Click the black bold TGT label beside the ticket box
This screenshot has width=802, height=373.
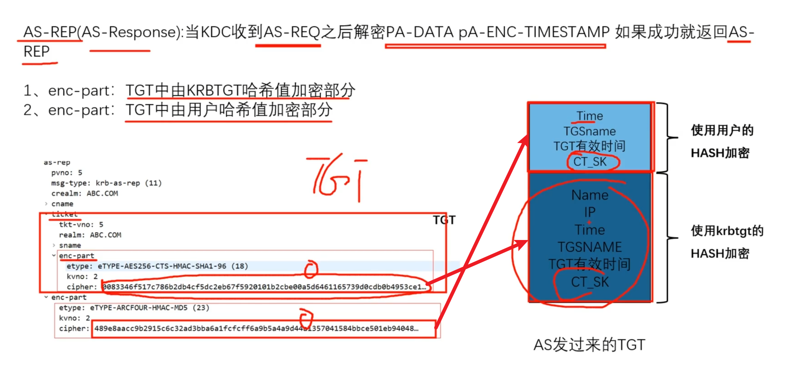(444, 220)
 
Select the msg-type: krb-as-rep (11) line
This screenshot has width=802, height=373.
(106, 183)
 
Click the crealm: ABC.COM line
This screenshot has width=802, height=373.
(84, 194)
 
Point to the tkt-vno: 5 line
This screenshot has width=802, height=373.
(81, 225)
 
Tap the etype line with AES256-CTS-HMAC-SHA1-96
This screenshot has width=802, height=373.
(157, 266)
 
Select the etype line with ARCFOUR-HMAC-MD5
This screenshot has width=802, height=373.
(134, 308)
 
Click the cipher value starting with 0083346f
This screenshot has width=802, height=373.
(263, 287)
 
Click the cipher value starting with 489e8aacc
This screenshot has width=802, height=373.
(256, 329)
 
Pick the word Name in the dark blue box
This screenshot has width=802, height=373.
(590, 195)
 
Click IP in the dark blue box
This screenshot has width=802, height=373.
(590, 212)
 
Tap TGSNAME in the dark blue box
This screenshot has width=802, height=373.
(590, 247)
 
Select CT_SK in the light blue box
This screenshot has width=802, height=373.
(590, 162)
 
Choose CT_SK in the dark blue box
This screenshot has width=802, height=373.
(590, 282)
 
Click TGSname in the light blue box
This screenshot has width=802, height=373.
(590, 131)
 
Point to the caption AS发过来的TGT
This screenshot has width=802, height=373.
(589, 345)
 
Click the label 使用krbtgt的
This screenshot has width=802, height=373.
(727, 231)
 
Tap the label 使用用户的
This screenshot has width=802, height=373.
(722, 130)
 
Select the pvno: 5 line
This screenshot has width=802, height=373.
(66, 173)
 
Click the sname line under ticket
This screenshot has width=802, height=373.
(70, 246)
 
